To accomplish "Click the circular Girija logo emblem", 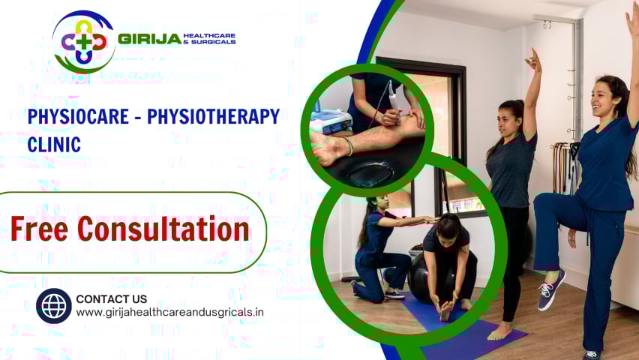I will (x=83, y=41).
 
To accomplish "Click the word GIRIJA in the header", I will (x=149, y=39).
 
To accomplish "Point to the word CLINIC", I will (x=54, y=144).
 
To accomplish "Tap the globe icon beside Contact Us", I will (x=54, y=305).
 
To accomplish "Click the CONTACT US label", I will (x=111, y=298).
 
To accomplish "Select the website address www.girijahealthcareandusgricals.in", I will (x=169, y=312).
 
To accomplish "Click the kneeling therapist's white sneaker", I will (x=394, y=293).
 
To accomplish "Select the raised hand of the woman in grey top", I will (x=533, y=61).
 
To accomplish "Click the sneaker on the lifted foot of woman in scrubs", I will (x=550, y=289).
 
